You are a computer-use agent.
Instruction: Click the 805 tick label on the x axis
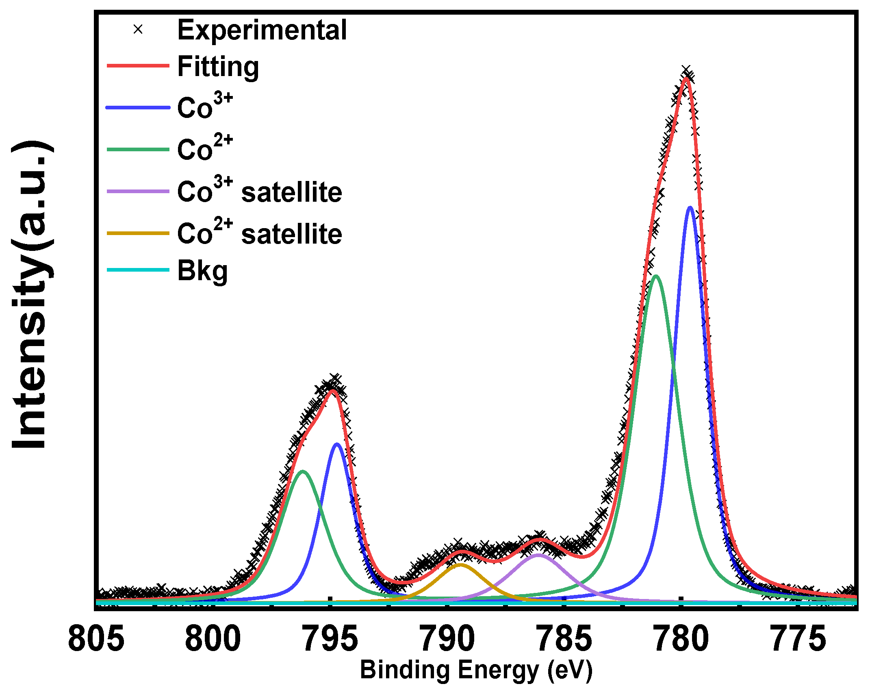click(x=96, y=640)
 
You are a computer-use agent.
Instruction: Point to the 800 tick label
click(x=213, y=640)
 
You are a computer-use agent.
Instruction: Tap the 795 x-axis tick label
click(x=330, y=640)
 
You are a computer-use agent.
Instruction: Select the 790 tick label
click(x=447, y=640)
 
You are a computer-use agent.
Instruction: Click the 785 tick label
click(x=564, y=640)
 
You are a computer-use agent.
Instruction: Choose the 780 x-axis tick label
click(x=681, y=640)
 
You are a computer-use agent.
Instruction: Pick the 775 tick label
click(x=798, y=640)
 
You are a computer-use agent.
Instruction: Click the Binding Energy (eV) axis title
click(x=476, y=670)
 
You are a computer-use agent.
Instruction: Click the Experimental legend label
click(x=262, y=30)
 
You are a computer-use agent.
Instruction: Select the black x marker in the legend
click(x=138, y=29)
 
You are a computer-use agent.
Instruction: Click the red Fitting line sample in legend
click(x=138, y=65)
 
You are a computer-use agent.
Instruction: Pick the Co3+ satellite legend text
click(x=260, y=191)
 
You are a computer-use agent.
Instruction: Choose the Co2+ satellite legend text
click(x=260, y=233)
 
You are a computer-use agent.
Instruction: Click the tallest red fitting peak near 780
click(x=686, y=78)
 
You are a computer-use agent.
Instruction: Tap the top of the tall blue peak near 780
click(x=690, y=208)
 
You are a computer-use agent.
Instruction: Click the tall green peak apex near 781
click(x=655, y=277)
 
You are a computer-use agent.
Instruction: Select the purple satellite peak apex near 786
click(x=538, y=555)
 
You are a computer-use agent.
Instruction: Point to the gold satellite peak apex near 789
click(x=460, y=565)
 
